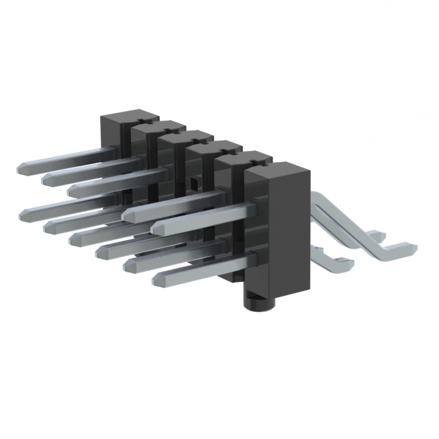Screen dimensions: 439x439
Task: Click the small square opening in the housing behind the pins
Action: (195, 182)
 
